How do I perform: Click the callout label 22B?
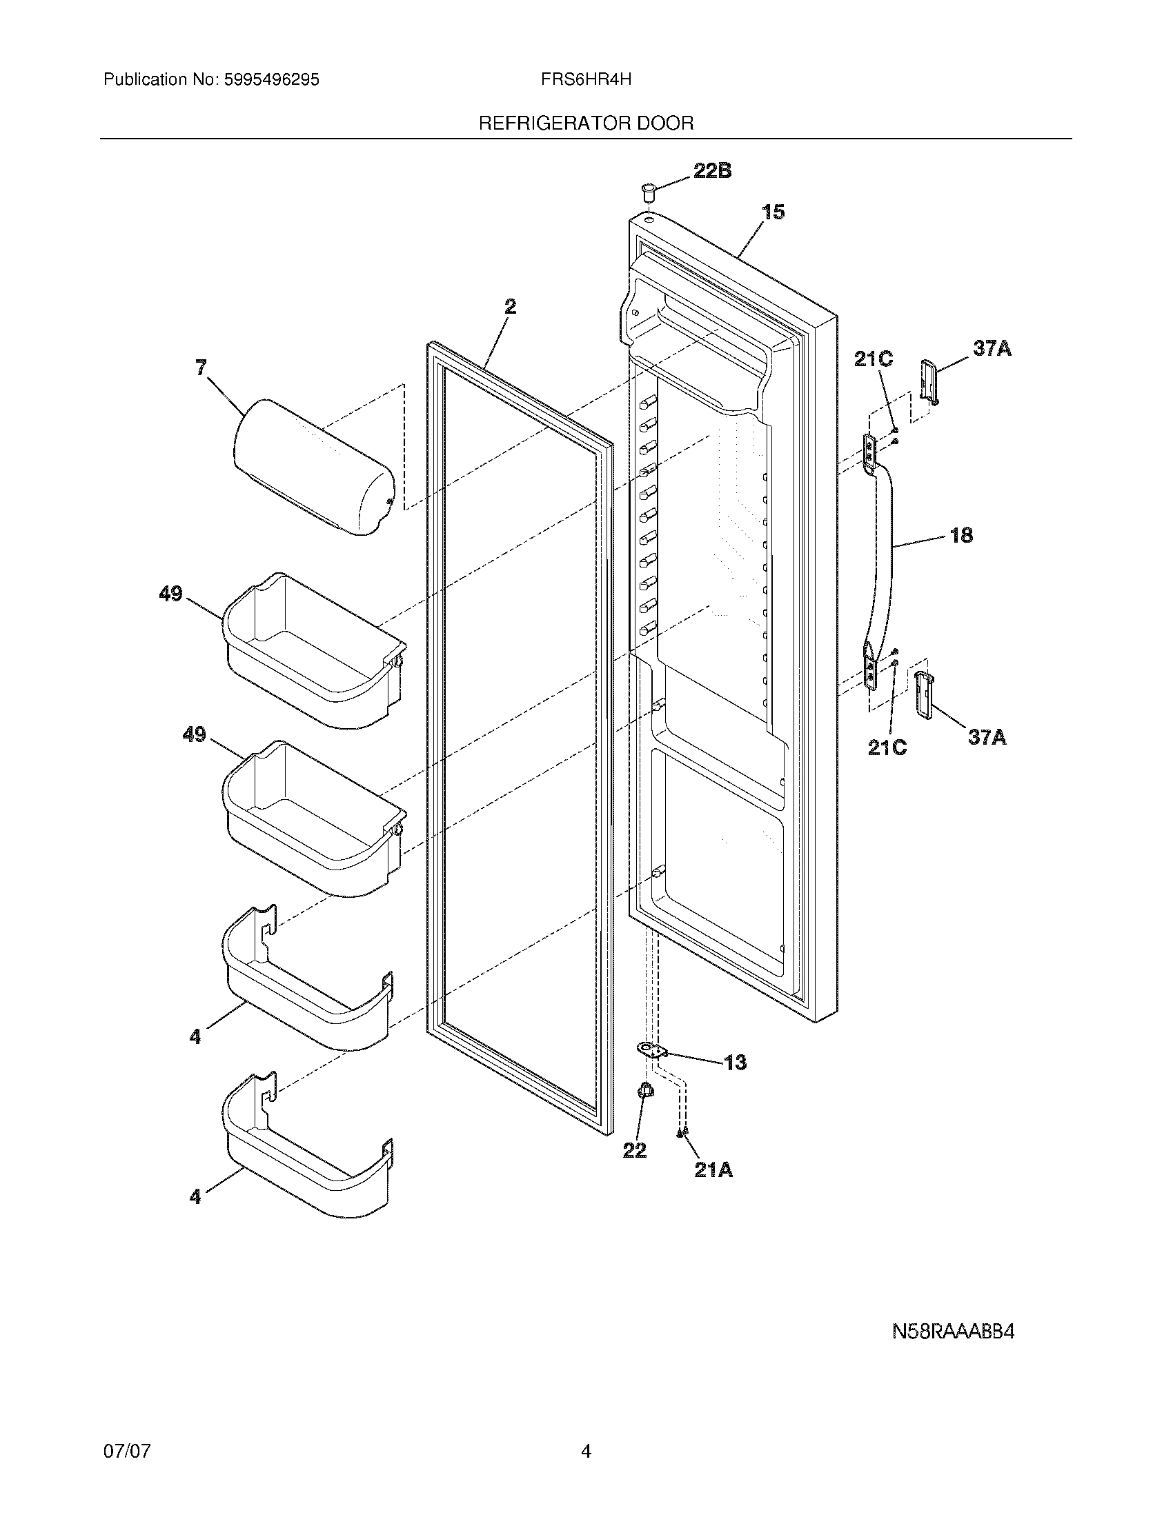[x=711, y=170]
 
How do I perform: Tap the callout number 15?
[x=773, y=212]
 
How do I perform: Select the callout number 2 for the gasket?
[x=510, y=306]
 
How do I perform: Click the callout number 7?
[x=201, y=368]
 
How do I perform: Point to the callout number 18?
[x=961, y=535]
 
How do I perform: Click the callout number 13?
[x=735, y=1062]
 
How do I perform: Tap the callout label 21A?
[x=713, y=1170]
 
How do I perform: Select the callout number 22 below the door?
[x=634, y=1150]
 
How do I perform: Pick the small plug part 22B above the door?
[x=649, y=190]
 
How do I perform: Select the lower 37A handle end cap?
[x=923, y=692]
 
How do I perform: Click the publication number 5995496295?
[x=271, y=80]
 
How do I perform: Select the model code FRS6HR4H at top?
[x=586, y=79]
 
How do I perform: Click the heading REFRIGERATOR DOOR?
[x=586, y=123]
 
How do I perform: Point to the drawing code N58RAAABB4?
[x=953, y=1332]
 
